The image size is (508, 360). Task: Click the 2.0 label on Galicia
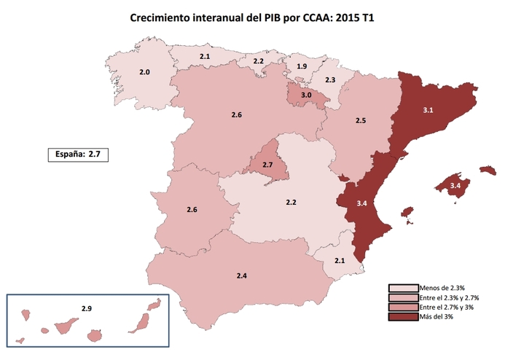144,72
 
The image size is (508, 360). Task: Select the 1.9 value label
302,67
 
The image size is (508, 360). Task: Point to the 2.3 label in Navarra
330,79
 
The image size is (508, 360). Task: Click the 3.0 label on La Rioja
307,95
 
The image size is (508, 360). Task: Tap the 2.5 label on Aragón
360,120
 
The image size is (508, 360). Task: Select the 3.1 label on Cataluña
429,110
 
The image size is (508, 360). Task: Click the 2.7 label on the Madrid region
267,165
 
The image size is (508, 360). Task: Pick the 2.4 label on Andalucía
242,276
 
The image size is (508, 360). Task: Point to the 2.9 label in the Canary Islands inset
87,309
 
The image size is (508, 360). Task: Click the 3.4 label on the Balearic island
455,187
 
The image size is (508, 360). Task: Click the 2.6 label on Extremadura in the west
192,210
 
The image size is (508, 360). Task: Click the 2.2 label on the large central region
292,201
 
